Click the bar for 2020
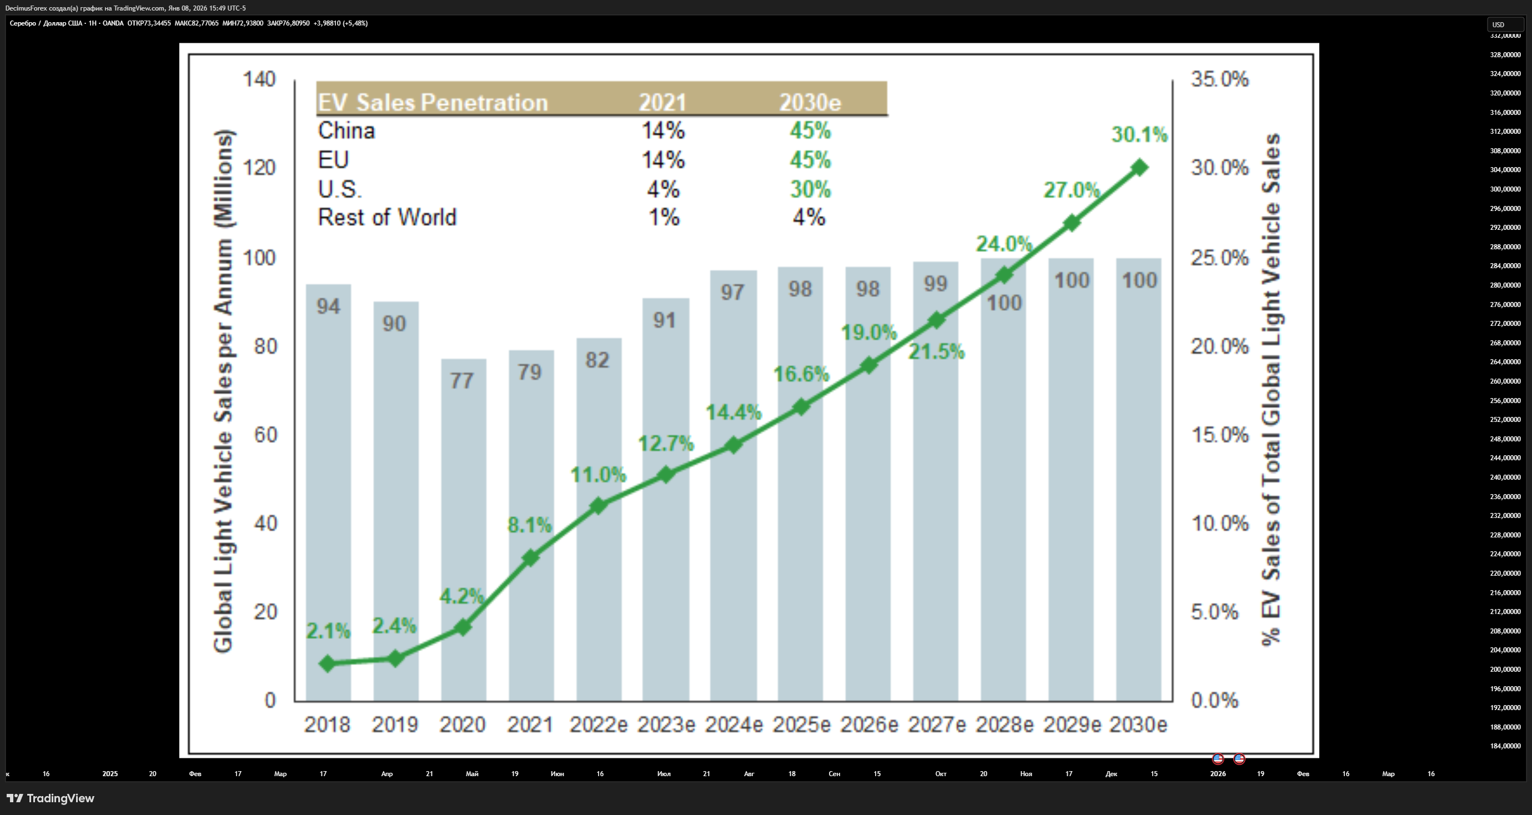point(463,530)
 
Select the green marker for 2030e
point(1139,168)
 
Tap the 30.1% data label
point(1139,135)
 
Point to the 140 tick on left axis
point(259,79)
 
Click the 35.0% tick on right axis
point(1220,79)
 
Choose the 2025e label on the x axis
point(801,725)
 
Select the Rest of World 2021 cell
point(664,217)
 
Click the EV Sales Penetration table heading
point(433,102)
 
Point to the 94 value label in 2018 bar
point(328,306)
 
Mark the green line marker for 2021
point(530,557)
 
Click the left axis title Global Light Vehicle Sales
point(224,391)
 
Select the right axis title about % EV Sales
point(1271,389)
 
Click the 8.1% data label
point(529,525)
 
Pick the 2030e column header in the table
point(810,103)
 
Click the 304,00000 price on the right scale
point(1505,170)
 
